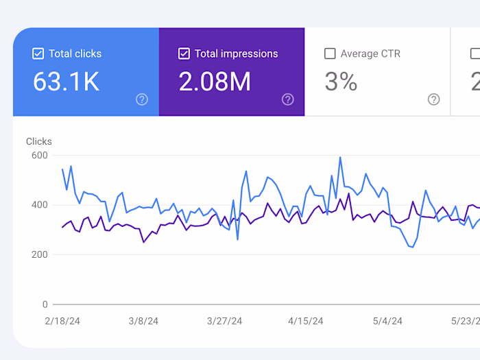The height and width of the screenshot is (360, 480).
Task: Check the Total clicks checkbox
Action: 38,53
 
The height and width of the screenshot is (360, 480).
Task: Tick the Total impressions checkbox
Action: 184,53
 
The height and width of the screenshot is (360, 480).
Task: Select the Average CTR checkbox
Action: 330,53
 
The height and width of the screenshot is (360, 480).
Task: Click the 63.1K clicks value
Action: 67,82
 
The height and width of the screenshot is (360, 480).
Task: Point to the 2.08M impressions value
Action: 215,82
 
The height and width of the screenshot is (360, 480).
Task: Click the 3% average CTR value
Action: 341,82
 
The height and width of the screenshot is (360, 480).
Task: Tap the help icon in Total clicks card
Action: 142,99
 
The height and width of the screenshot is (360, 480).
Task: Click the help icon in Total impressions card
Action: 288,99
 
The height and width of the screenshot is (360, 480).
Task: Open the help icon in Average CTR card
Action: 433,99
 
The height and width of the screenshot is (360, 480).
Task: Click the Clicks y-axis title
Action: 39,141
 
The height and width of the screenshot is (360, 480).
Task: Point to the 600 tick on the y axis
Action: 40,156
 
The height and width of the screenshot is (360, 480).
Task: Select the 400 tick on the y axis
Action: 40,205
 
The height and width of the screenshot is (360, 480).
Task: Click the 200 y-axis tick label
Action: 40,254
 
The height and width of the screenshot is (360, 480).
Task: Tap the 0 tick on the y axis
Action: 45,304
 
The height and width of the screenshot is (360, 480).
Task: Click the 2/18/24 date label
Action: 63,321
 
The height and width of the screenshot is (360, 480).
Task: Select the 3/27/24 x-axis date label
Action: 225,321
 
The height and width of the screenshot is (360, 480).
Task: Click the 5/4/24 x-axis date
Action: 387,321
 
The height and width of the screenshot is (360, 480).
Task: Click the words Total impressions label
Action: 237,53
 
